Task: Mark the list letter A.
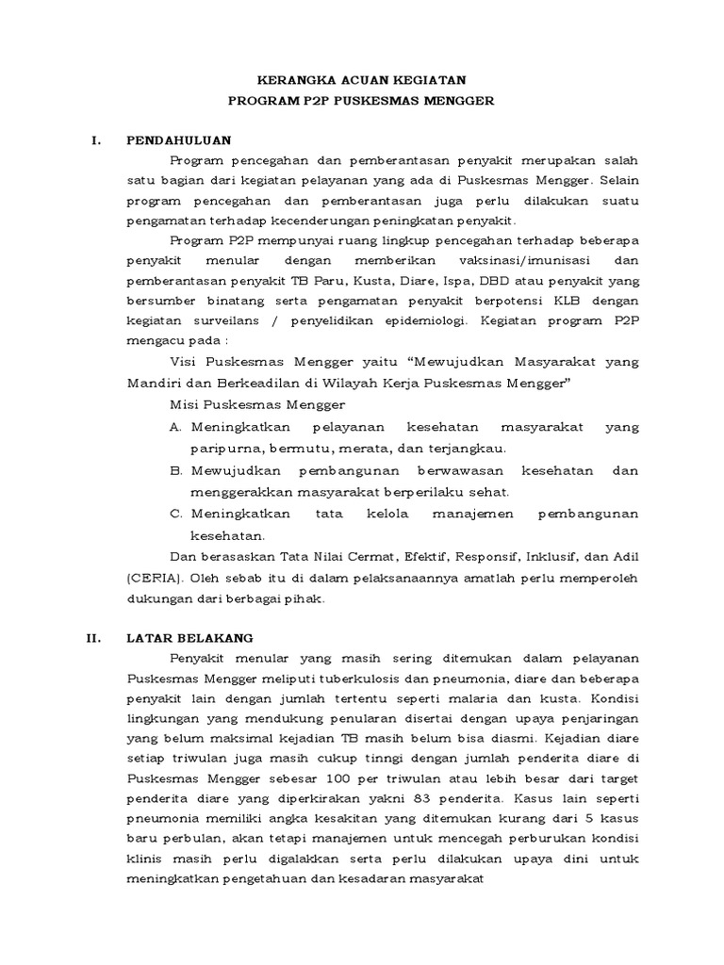click(x=175, y=427)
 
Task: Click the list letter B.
click(x=175, y=469)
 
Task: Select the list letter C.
click(x=175, y=513)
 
